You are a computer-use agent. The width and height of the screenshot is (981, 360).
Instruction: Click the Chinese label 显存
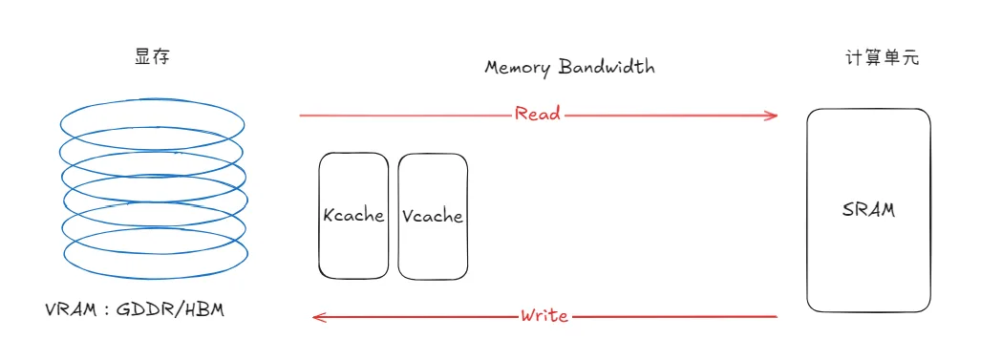pyautogui.click(x=152, y=57)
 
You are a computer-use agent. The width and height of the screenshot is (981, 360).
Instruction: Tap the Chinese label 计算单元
pyautogui.click(x=882, y=58)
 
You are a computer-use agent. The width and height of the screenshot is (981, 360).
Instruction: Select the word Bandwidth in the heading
pyautogui.click(x=607, y=66)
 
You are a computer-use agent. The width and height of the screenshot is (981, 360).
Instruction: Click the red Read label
pyautogui.click(x=538, y=115)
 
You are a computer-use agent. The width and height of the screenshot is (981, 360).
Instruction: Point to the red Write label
pyautogui.click(x=544, y=315)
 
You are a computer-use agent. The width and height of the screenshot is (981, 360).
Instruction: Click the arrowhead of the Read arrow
pyautogui.click(x=772, y=116)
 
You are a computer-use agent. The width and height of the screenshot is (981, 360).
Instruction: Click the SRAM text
pyautogui.click(x=868, y=210)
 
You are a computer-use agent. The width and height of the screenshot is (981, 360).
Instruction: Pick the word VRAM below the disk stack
pyautogui.click(x=70, y=310)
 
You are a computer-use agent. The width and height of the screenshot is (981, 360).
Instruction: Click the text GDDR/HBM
pyautogui.click(x=170, y=310)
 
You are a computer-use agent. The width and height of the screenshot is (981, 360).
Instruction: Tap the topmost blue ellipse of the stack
pyautogui.click(x=152, y=100)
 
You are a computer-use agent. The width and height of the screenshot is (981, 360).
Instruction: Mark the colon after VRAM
pyautogui.click(x=106, y=311)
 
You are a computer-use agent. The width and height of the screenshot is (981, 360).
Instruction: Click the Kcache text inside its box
pyautogui.click(x=353, y=215)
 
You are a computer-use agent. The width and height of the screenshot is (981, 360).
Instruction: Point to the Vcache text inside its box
pyautogui.click(x=433, y=216)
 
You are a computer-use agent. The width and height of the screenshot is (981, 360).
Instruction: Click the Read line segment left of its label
pyautogui.click(x=406, y=116)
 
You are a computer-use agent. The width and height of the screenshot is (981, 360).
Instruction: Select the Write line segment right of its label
pyautogui.click(x=673, y=317)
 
